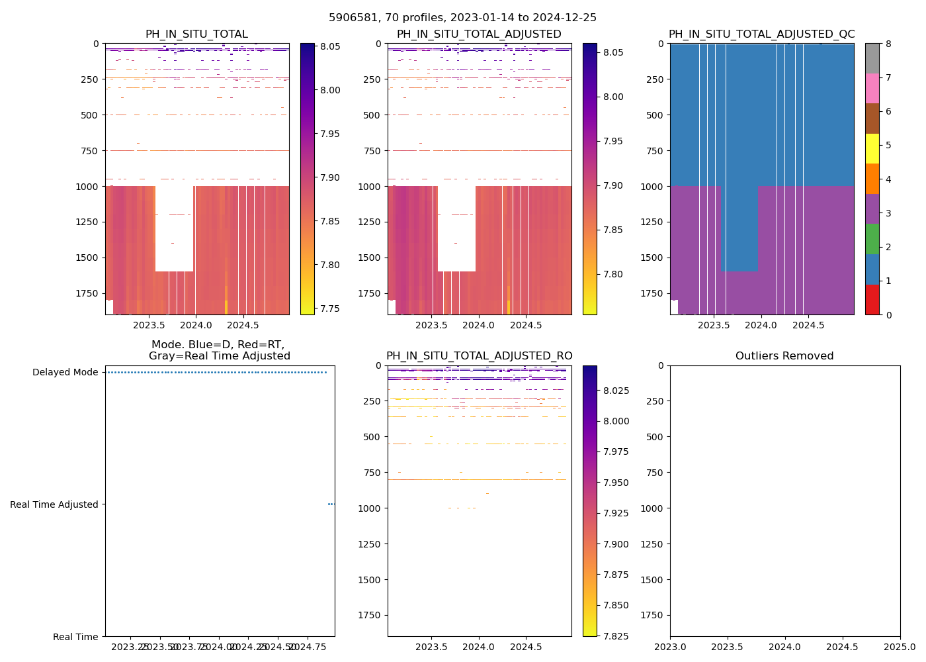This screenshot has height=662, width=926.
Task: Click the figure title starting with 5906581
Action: [462, 17]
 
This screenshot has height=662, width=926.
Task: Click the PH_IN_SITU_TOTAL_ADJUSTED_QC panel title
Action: [761, 34]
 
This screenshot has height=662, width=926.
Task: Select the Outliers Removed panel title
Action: [784, 356]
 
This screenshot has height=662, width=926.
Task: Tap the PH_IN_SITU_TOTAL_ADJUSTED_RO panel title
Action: [480, 356]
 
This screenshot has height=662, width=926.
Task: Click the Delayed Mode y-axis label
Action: [65, 372]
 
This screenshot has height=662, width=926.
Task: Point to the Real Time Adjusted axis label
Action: [54, 504]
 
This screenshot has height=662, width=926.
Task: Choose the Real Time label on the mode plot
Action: [75, 637]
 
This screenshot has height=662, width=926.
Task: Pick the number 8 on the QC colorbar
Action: [888, 44]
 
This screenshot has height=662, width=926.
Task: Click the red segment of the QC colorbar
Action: [872, 299]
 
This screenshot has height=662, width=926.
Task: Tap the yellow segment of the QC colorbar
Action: [872, 148]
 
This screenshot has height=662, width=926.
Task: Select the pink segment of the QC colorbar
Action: [872, 88]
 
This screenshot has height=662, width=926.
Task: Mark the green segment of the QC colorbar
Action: [872, 239]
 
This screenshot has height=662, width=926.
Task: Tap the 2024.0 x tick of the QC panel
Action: [761, 325]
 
